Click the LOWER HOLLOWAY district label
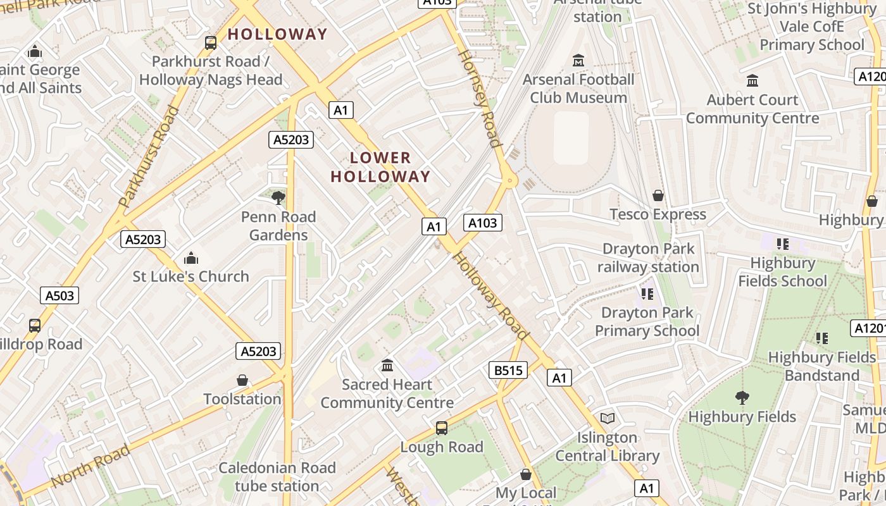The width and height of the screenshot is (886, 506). click(380, 167)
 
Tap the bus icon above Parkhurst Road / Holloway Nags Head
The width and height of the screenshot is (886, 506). click(211, 43)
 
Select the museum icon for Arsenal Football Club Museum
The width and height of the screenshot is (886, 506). click(578, 61)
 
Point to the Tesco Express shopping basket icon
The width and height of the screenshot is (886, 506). click(658, 195)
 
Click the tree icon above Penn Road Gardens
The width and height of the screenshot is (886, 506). click(278, 197)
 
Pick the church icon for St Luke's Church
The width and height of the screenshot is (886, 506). click(190, 258)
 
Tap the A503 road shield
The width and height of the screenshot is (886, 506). click(60, 295)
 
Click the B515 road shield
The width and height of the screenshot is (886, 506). click(508, 370)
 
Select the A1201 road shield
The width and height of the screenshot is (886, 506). click(869, 328)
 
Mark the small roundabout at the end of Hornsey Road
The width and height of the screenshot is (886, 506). click(509, 181)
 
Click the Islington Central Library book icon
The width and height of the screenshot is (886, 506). click(608, 418)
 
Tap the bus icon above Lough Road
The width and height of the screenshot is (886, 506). click(442, 428)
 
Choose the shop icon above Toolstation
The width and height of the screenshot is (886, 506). click(242, 380)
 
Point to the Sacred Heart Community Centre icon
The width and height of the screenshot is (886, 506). click(387, 366)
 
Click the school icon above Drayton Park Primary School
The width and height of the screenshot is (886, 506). click(647, 293)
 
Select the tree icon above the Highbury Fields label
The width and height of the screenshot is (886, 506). click(742, 398)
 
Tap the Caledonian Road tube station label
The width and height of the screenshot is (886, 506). click(277, 477)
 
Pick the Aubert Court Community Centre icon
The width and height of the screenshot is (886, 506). click(752, 81)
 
